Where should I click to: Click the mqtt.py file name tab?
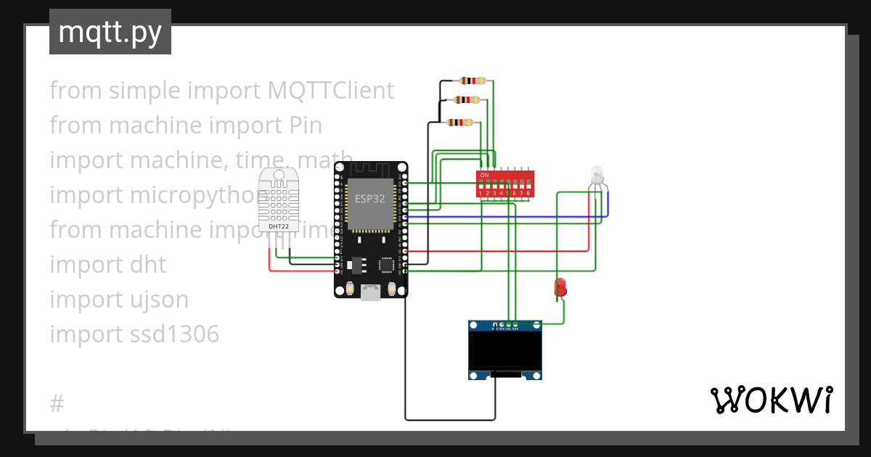pyautogui.click(x=110, y=33)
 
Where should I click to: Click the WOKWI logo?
pyautogui.click(x=770, y=400)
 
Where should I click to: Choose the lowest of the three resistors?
pyautogui.click(x=460, y=123)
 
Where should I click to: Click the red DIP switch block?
pyautogui.click(x=505, y=184)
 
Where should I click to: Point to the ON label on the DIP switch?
pyautogui.click(x=484, y=176)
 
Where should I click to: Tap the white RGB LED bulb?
pyautogui.click(x=597, y=174)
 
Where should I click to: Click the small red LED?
pyautogui.click(x=560, y=287)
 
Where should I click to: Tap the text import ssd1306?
pyautogui.click(x=134, y=334)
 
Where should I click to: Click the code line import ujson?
pyautogui.click(x=119, y=300)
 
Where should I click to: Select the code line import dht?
pyautogui.click(x=108, y=265)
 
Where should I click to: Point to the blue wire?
pyautogui.click(x=508, y=216)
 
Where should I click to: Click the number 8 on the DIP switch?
pyautogui.click(x=528, y=193)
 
